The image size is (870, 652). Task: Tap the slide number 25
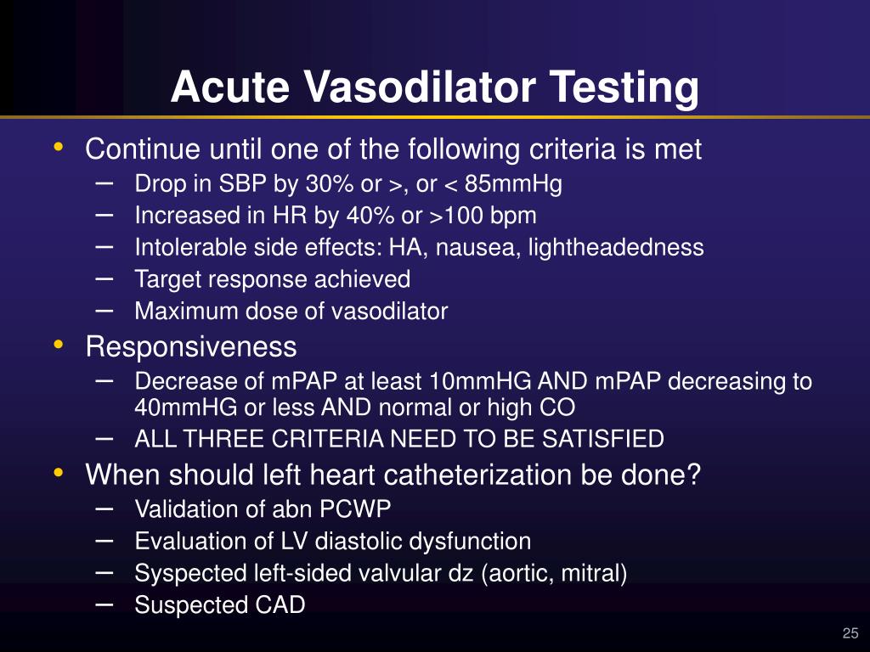850,633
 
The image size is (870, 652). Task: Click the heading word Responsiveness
191,347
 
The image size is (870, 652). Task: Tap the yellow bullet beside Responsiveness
58,345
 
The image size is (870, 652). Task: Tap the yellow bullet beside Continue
58,148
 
